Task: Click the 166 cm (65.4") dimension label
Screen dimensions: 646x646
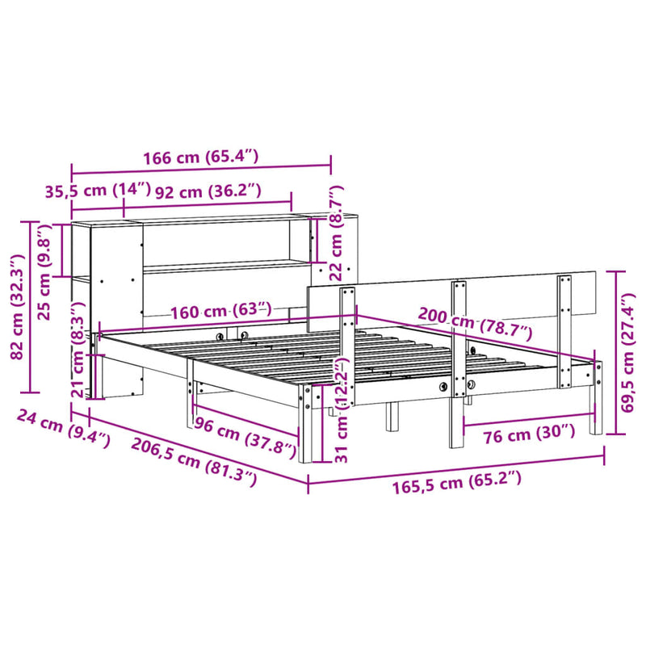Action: (201, 157)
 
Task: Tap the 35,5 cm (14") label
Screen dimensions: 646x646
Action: (97, 191)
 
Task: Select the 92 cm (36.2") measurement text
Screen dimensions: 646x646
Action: (208, 191)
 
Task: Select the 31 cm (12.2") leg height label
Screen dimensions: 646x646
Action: (338, 412)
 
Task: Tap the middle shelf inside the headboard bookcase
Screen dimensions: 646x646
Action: (226, 266)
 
